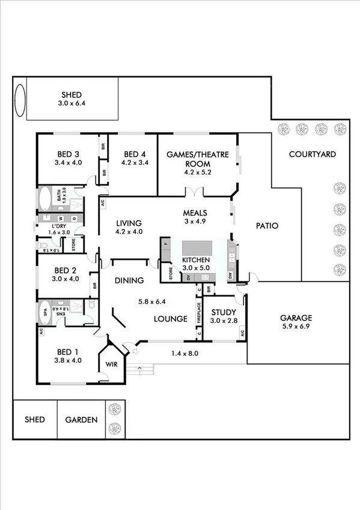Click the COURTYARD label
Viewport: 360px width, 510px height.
(312, 154)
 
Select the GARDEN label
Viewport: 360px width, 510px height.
(81, 420)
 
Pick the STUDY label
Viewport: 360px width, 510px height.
(223, 312)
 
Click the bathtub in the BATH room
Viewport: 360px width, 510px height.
(45, 198)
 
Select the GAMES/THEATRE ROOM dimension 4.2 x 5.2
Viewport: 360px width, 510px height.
(198, 172)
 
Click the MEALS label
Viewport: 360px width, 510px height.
(195, 213)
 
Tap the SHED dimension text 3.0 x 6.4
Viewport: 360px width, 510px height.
(71, 103)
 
